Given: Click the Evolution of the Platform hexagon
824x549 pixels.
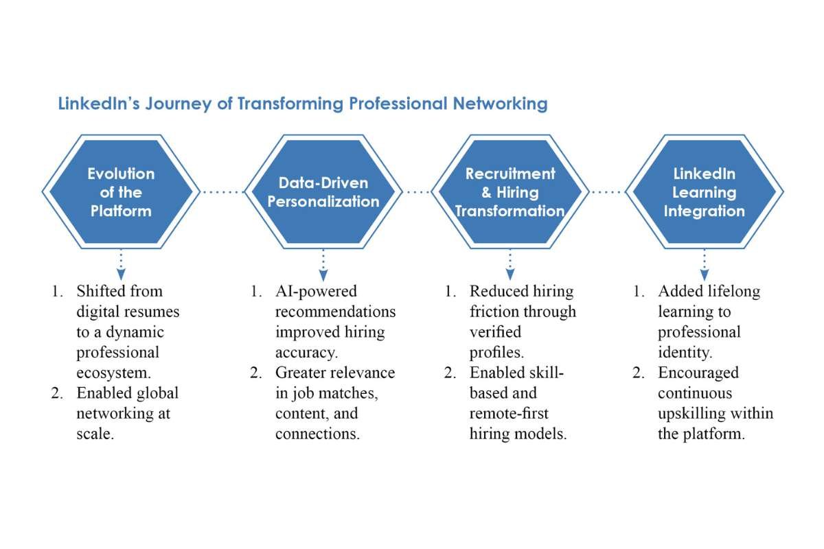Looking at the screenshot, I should coord(121,192).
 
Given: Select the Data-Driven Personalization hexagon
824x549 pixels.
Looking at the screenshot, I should coord(323,192).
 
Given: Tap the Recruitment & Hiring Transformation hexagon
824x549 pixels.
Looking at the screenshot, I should coord(510,192).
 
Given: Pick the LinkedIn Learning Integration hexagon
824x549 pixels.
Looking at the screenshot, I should coord(704,192).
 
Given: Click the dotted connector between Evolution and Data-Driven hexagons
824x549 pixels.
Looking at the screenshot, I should coord(222,193).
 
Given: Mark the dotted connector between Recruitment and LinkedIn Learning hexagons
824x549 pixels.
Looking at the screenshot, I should coord(606,193).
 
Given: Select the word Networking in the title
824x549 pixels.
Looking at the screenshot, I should coord(500,104).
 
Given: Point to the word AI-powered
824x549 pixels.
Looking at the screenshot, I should coord(316,292).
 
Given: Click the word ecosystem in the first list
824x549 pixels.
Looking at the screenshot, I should coord(114,373).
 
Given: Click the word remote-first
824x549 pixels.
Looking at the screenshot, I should coord(510,414).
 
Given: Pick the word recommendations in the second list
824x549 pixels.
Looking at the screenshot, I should coord(335,312).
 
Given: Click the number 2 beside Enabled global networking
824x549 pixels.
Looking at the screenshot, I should coord(57,394).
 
